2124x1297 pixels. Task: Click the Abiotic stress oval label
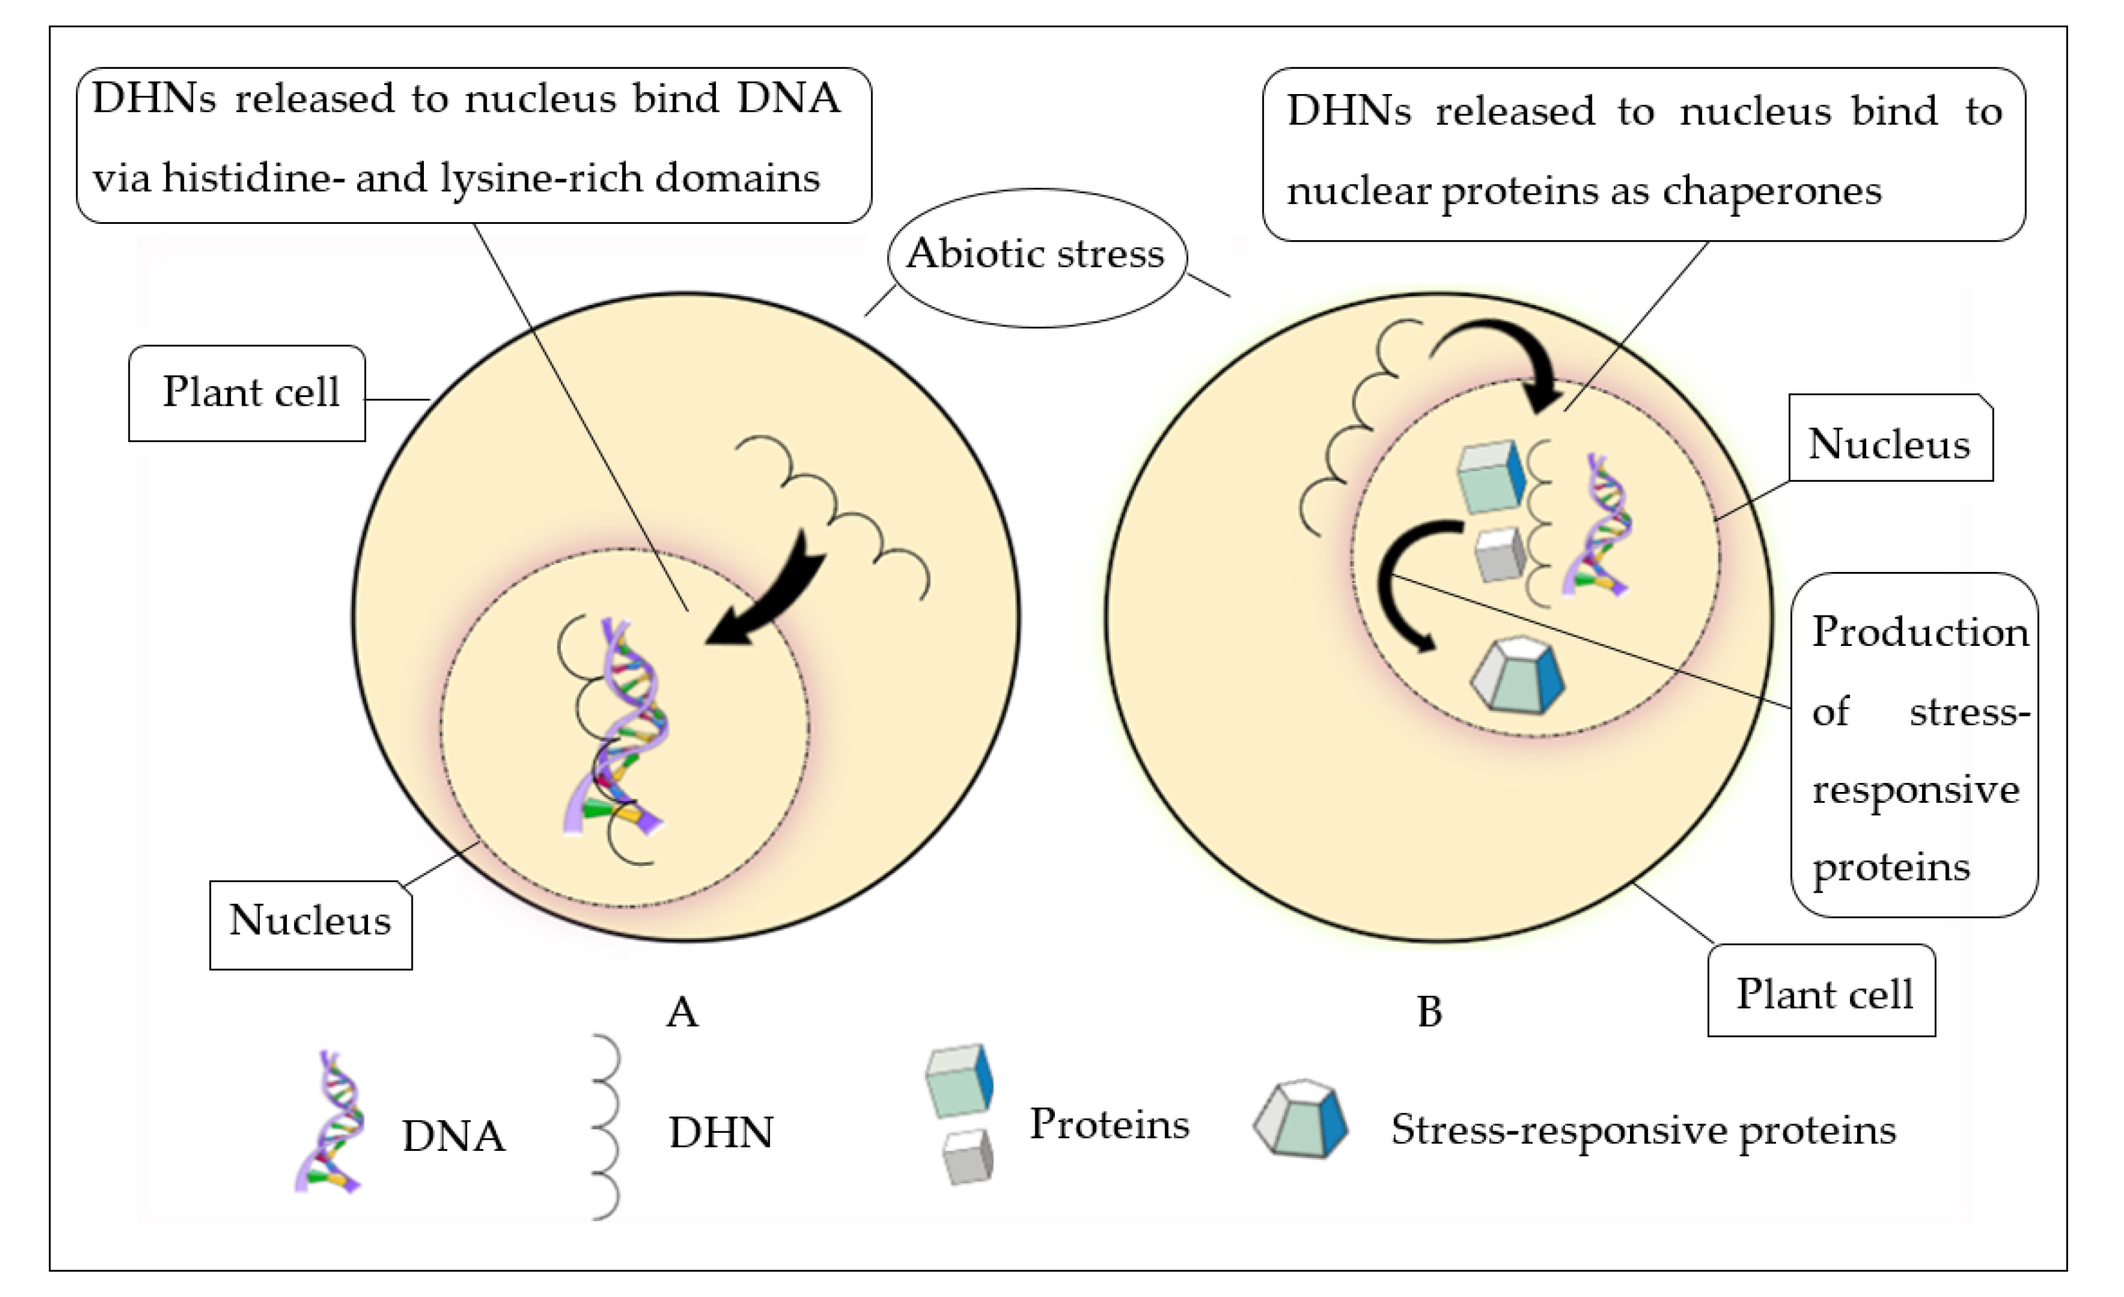(1035, 255)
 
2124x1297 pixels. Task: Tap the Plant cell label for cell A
(249, 393)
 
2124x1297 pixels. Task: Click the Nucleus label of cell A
(310, 921)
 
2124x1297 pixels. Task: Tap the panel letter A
(681, 1013)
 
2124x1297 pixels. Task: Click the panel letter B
(1429, 1013)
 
